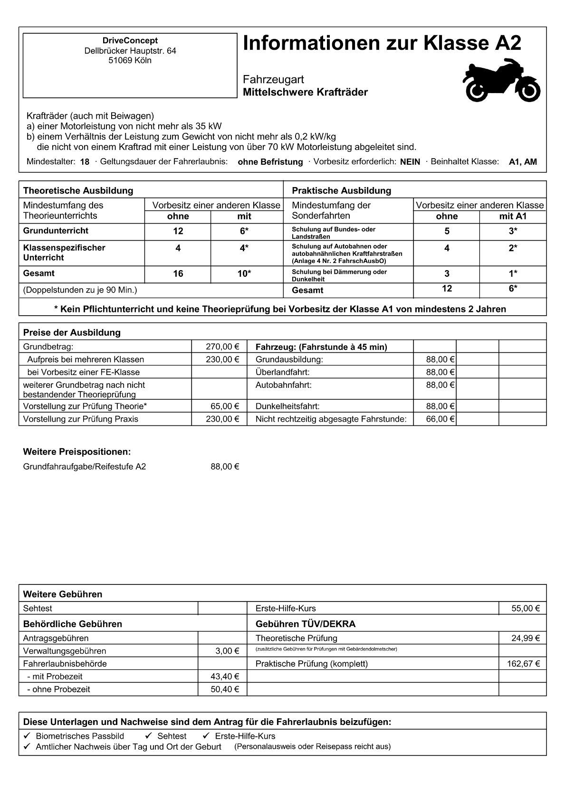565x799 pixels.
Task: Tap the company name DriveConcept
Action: pyautogui.click(x=130, y=41)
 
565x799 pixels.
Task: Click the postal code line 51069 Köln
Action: pyautogui.click(x=130, y=61)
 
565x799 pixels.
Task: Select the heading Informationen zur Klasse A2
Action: pyautogui.click(x=382, y=44)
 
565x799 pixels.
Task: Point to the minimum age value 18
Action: pyautogui.click(x=85, y=162)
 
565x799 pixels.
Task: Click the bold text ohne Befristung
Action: pyautogui.click(x=270, y=162)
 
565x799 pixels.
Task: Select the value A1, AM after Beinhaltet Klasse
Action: pyautogui.click(x=523, y=162)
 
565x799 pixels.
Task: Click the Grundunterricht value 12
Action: pyautogui.click(x=178, y=231)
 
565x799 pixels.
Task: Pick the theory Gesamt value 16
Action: pyautogui.click(x=178, y=274)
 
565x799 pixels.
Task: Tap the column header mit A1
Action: pyautogui.click(x=513, y=216)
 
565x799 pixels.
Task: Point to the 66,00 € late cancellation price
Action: pyautogui.click(x=440, y=419)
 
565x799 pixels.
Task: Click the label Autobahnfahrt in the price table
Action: pyautogui.click(x=284, y=385)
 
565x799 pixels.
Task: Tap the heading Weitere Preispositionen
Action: pyautogui.click(x=77, y=451)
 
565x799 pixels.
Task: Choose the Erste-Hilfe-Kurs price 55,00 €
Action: pyautogui.click(x=526, y=609)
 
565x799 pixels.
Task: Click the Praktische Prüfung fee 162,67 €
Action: pyautogui.click(x=523, y=664)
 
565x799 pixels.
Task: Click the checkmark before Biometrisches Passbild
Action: pyautogui.click(x=27, y=736)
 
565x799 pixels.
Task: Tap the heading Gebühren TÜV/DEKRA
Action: pyautogui.click(x=306, y=624)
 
